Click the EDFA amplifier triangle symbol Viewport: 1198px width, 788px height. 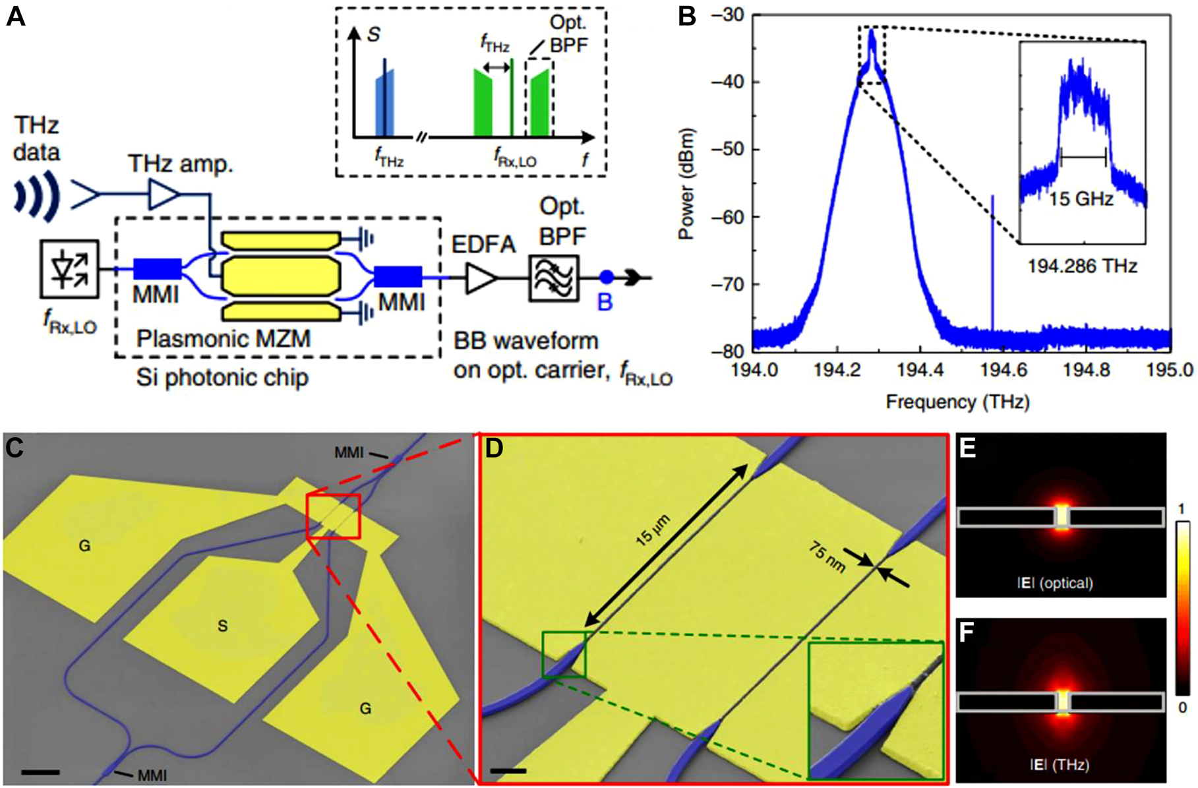point(481,278)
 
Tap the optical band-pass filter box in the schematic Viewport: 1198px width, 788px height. point(554,278)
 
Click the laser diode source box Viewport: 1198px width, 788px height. point(69,269)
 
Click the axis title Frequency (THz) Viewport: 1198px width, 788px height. point(957,402)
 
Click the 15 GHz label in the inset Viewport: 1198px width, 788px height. point(1081,199)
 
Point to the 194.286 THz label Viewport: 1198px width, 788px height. point(1082,266)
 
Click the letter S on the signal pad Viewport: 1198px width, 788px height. point(222,626)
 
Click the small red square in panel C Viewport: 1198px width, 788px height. point(334,516)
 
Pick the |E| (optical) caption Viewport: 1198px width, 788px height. point(1060,583)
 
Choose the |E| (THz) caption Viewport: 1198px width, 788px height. point(1060,765)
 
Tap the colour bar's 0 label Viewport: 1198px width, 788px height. point(1182,708)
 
